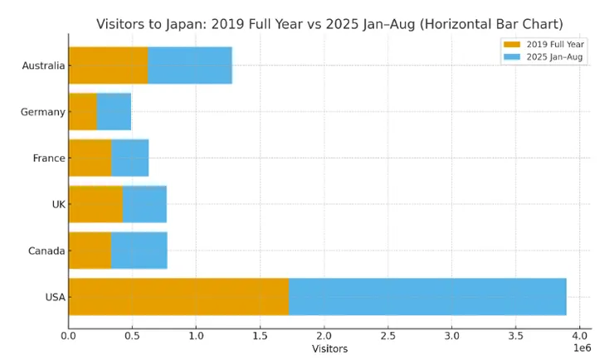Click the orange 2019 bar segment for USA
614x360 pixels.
point(178,297)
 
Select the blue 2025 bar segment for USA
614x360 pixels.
point(427,297)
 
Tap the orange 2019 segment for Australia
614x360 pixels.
point(108,66)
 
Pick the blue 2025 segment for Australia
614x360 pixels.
point(190,66)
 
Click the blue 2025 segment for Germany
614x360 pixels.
point(114,112)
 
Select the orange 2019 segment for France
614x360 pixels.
point(90,158)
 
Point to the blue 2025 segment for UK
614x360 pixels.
point(144,204)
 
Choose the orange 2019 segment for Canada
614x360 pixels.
point(90,251)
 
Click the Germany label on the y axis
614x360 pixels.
point(43,112)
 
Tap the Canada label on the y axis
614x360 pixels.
point(46,251)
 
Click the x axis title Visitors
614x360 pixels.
point(329,349)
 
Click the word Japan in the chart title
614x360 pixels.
point(189,24)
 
